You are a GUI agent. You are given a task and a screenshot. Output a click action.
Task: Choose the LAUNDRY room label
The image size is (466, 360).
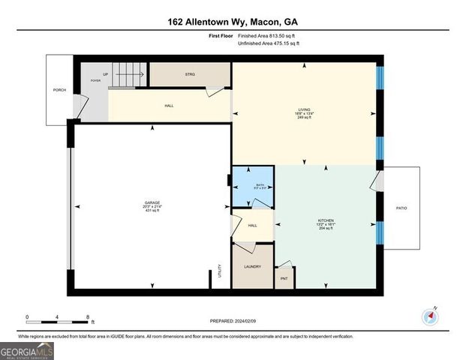pos(252,266)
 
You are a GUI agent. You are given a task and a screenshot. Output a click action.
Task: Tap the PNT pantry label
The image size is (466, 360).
pos(283,279)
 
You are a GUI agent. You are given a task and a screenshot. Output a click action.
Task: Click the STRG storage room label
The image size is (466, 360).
pos(190,74)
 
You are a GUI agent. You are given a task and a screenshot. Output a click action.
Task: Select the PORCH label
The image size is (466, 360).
pos(59,91)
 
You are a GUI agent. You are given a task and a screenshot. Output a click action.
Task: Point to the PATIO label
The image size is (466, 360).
pos(401,207)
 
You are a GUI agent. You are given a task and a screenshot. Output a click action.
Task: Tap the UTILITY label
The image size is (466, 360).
pos(220,270)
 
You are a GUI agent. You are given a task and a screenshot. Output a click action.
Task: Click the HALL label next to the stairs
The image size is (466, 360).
pos(170,106)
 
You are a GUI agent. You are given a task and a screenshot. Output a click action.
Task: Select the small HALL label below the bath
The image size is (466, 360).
pos(252,225)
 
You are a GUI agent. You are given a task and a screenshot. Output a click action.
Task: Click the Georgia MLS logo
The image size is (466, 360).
pos(27,350)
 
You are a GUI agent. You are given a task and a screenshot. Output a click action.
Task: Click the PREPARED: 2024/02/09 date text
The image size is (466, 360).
pos(233,321)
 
